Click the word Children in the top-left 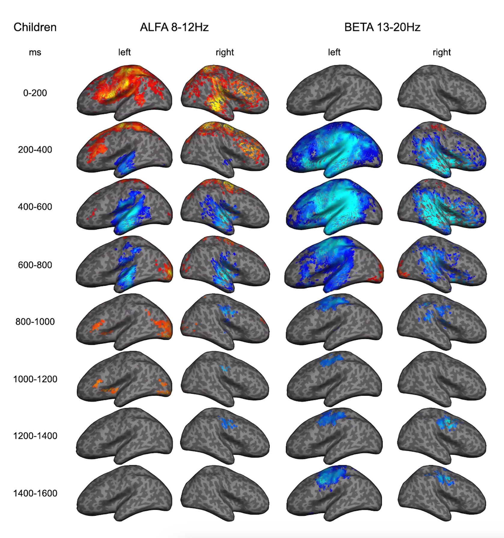point(35,27)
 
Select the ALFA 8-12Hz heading point(174,27)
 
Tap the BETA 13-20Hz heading point(382,27)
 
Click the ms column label point(35,53)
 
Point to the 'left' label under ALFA point(124,53)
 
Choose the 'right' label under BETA point(442,53)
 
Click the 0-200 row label point(35,93)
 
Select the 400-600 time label point(35,207)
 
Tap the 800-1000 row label point(35,322)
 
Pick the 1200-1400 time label point(35,436)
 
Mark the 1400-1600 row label point(35,493)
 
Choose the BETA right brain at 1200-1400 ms point(442,435)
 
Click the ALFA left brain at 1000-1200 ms point(124,379)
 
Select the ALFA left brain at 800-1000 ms point(124,322)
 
